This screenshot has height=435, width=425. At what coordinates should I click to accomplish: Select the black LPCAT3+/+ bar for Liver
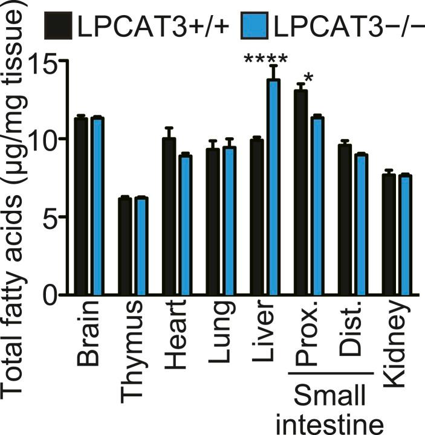pos(256,217)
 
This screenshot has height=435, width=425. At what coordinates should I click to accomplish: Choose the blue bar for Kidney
pos(405,236)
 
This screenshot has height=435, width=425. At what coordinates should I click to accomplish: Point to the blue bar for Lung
pos(229,221)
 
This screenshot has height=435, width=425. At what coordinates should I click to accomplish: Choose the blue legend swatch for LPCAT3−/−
pos(254,27)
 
